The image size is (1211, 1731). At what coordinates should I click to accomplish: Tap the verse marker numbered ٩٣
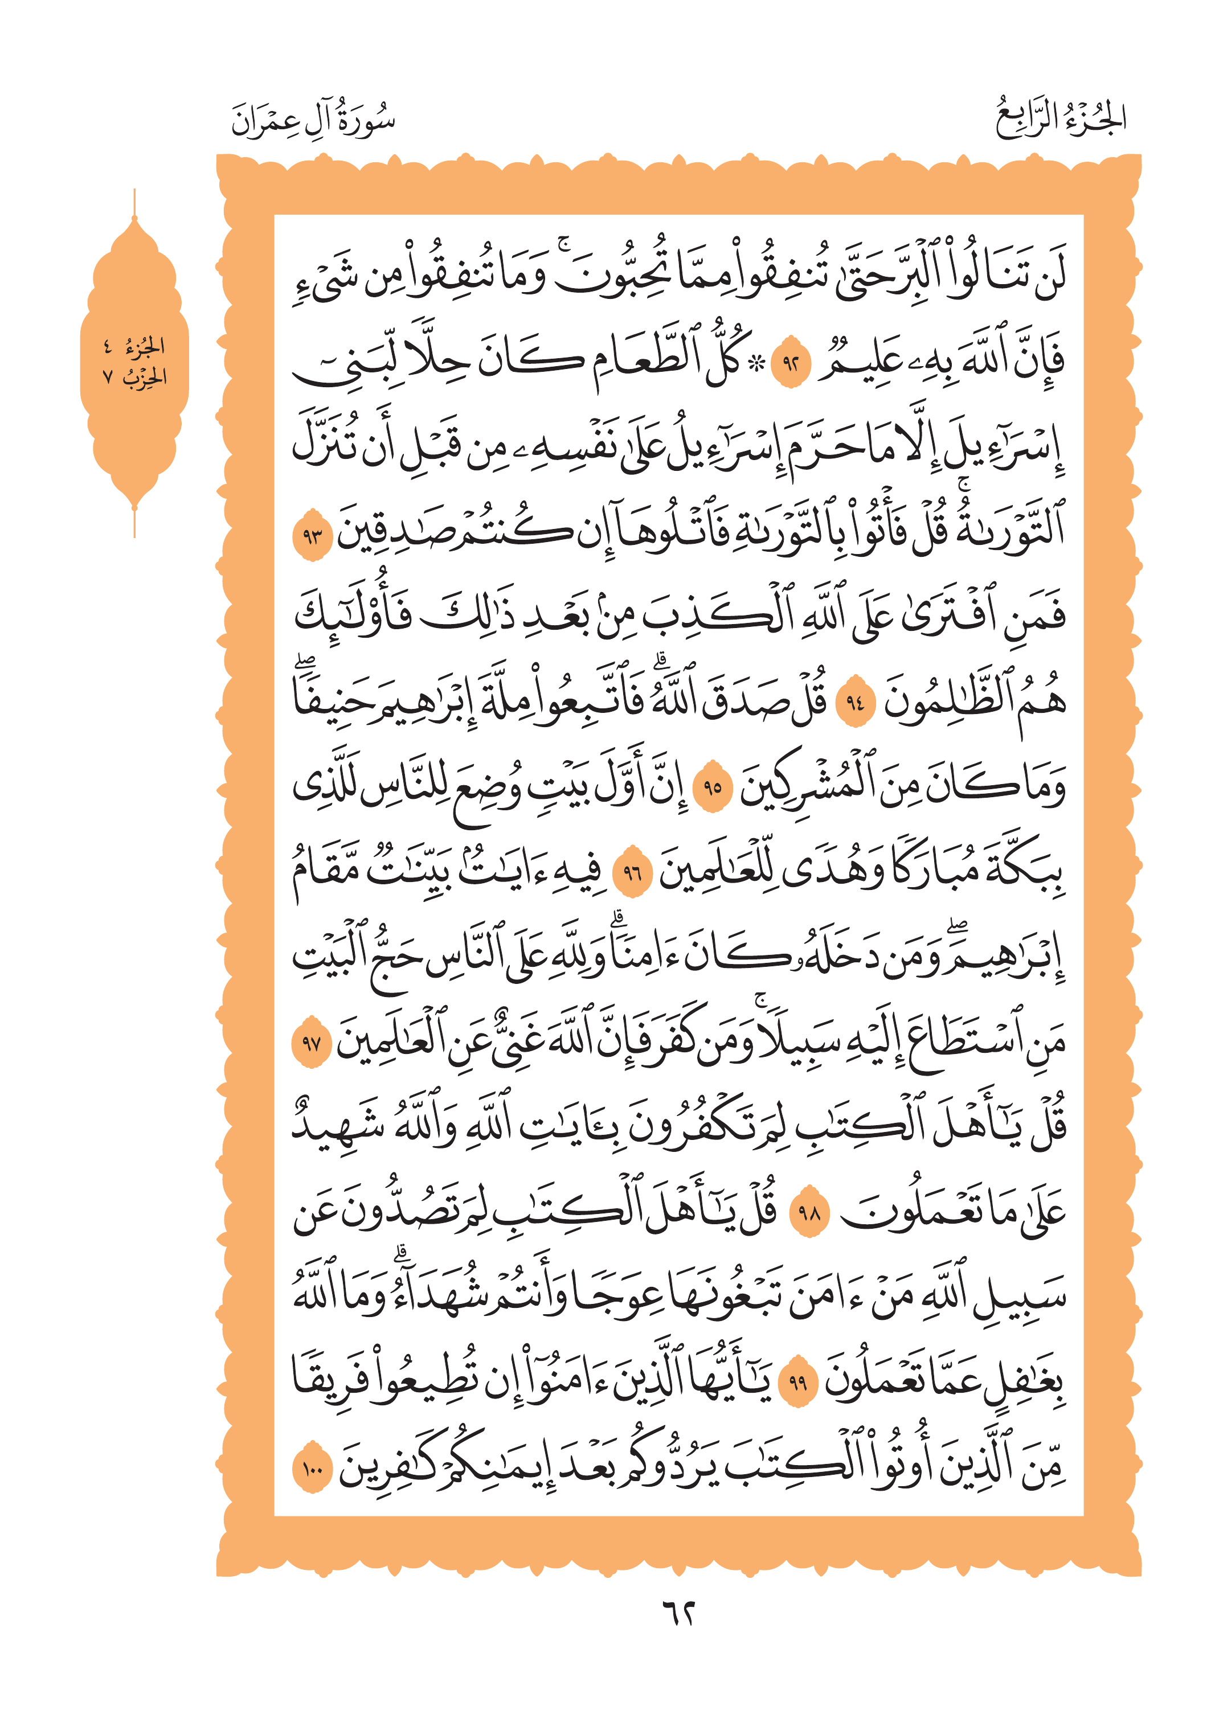tap(312, 536)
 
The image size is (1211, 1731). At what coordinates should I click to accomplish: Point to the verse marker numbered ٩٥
tap(713, 789)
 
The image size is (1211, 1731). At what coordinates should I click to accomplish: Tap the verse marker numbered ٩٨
tap(808, 1213)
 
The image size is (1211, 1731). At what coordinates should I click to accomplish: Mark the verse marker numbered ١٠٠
tap(312, 1467)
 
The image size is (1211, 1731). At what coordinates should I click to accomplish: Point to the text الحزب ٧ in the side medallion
tap(134, 377)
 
